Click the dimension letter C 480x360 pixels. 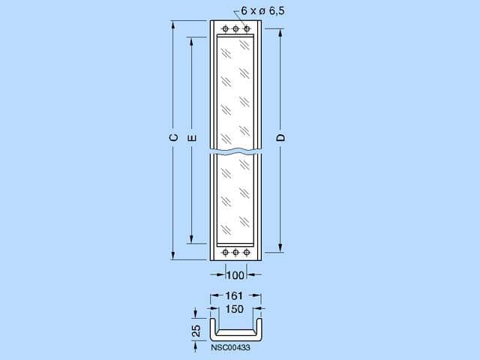point(173,138)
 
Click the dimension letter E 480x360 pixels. point(192,138)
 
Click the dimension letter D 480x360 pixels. point(280,138)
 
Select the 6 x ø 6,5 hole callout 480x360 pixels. point(262,11)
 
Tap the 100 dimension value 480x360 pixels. point(235,275)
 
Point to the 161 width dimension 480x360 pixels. point(234,295)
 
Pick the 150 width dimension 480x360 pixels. point(235,309)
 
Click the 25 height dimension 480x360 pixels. point(196,331)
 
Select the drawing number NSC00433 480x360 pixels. point(230,347)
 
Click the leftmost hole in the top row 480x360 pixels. point(225,29)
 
